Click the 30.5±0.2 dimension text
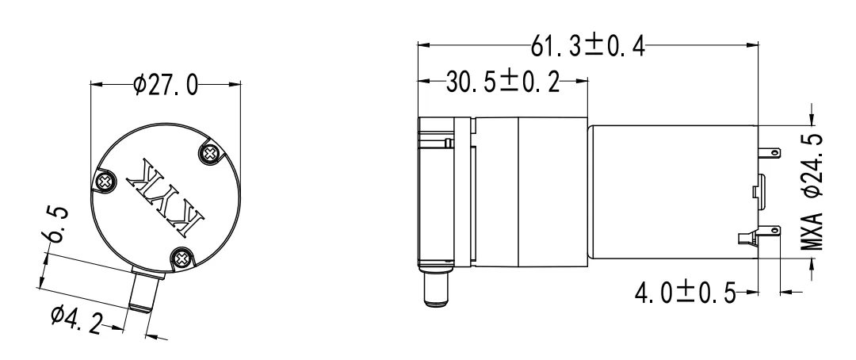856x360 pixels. pos(502,82)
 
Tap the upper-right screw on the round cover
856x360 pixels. pos(212,151)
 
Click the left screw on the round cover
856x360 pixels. pos(104,182)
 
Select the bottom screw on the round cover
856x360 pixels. pos(182,256)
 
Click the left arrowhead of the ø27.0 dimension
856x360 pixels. pos(95,83)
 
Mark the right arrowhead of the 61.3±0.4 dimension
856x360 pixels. pos(753,47)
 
